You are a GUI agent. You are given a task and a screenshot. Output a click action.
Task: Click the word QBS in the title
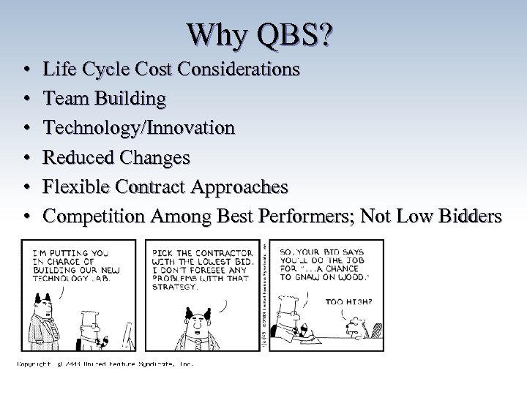(286, 35)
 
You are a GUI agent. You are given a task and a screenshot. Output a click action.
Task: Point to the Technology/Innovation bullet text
(139, 128)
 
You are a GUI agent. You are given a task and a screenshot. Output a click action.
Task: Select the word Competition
(94, 217)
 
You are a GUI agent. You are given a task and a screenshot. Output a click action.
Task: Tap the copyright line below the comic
(106, 363)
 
